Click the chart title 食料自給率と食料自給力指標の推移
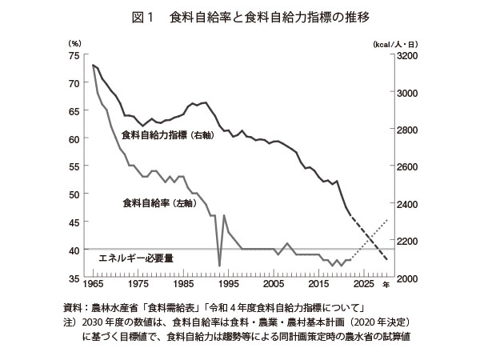[x=260, y=16]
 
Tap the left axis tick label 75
[x=73, y=55]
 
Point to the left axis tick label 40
[x=73, y=250]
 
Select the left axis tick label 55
[x=73, y=166]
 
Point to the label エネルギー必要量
[x=135, y=258]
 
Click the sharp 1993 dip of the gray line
[x=219, y=265]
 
